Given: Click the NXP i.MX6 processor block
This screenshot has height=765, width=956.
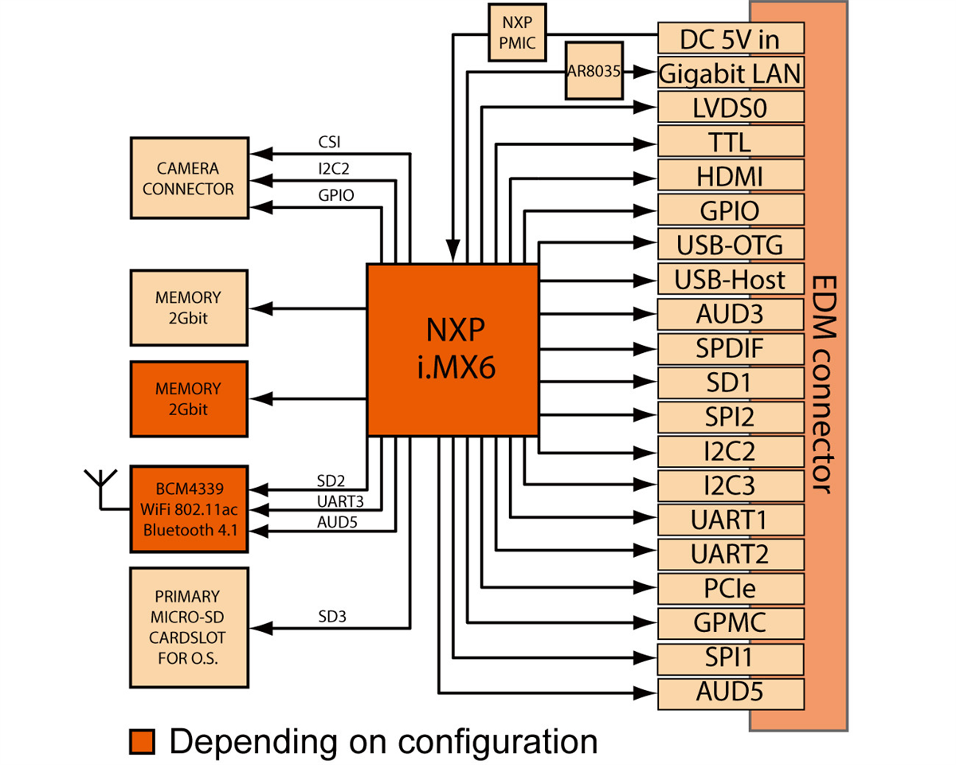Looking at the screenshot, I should [452, 350].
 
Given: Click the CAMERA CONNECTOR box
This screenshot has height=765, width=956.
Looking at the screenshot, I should [189, 178].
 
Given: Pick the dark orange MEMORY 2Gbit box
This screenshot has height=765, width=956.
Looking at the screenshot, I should [189, 398].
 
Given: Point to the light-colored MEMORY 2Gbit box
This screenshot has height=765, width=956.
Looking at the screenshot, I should [189, 307].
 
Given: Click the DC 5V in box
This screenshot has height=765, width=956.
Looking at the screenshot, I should [730, 38].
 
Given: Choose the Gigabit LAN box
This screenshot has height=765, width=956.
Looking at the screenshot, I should [730, 73].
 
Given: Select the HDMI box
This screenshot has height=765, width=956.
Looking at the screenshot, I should [730, 176].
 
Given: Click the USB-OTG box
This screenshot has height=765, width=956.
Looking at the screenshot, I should [730, 244].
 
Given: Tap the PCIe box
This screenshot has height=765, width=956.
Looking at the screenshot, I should [730, 588].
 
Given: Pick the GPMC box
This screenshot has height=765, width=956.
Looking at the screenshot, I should [730, 622].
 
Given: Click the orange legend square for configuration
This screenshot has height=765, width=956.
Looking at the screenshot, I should [142, 741].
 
